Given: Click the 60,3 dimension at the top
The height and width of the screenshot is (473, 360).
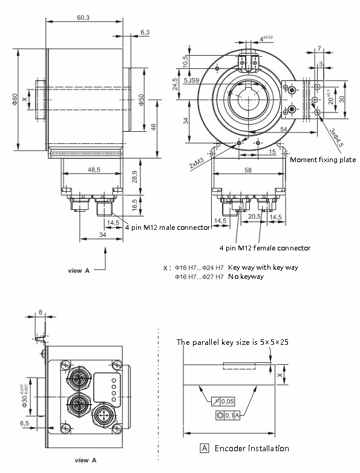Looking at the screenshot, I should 83,18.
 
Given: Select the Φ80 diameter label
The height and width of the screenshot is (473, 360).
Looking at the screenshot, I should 13,99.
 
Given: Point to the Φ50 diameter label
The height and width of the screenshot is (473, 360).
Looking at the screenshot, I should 142,100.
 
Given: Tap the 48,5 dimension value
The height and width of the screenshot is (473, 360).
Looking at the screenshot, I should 94,171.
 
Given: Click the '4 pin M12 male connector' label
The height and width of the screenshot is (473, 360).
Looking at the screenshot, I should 167,227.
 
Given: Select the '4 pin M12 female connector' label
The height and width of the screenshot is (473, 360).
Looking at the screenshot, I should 265,248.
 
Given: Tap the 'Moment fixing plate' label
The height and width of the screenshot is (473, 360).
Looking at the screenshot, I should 322,160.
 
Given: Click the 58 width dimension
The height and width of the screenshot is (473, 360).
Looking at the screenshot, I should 248,171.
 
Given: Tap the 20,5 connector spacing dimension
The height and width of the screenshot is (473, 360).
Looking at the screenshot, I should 254,216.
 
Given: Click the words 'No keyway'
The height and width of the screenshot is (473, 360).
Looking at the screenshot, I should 246,276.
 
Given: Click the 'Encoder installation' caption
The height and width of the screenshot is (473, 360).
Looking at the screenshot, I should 251,449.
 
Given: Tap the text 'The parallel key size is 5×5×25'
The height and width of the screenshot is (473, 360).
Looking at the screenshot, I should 232,342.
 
